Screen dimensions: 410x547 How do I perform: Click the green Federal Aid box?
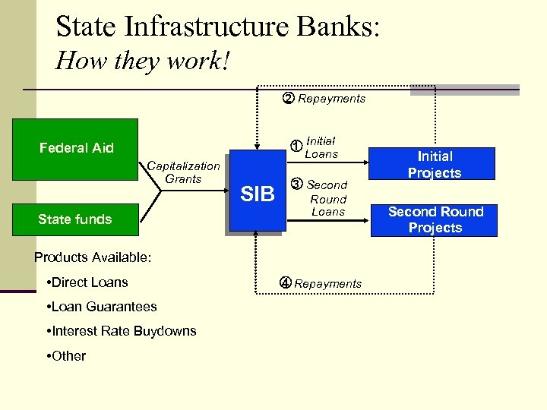[76, 149]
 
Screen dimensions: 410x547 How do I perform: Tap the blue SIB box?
[257, 194]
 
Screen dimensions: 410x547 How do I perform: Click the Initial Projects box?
[435, 165]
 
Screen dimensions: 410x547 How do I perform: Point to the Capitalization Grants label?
[183, 172]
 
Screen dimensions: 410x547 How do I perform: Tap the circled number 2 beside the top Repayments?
[289, 98]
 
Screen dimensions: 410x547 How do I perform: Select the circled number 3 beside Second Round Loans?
[296, 184]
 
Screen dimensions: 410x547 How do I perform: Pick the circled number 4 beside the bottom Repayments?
[285, 283]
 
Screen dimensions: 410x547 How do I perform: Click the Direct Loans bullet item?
[87, 282]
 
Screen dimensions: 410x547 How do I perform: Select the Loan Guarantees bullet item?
[101, 307]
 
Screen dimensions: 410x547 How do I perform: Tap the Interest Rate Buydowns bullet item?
[121, 331]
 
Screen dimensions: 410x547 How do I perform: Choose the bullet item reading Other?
[66, 356]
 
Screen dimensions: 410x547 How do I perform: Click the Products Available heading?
[93, 257]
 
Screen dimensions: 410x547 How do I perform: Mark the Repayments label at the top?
[331, 99]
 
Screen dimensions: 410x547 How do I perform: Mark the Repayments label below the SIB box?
[327, 284]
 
